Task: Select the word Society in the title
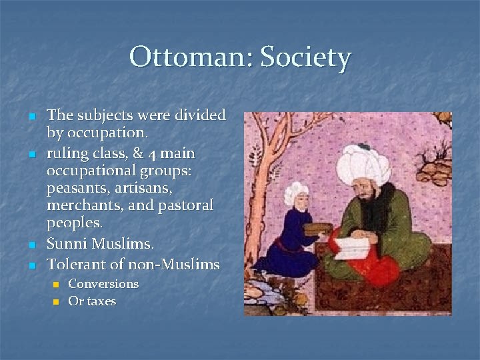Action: tap(305, 58)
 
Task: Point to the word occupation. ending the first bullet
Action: tap(107, 132)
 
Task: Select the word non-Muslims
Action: tap(175, 265)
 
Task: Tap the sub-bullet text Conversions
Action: tap(103, 284)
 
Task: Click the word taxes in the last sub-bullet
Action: tap(101, 301)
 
